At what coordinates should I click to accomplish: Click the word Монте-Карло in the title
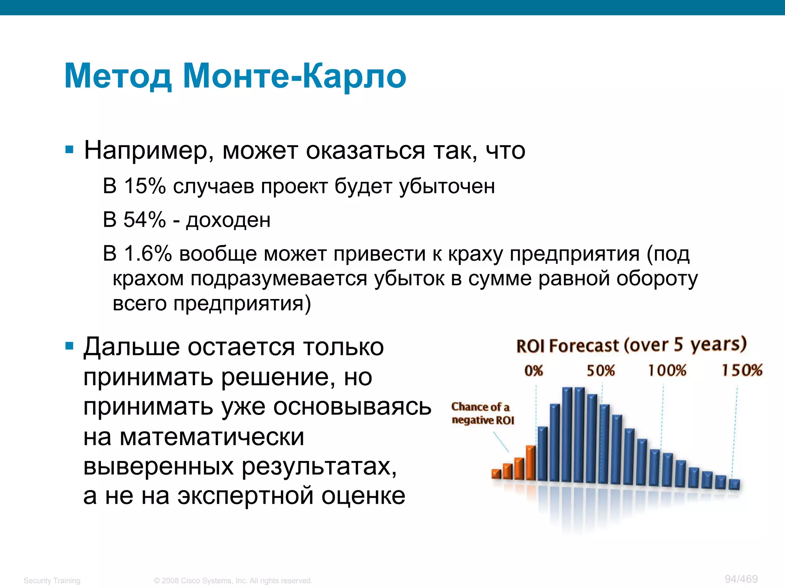(294, 76)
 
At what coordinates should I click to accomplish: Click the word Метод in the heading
(118, 76)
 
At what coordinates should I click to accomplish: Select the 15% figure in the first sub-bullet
(145, 186)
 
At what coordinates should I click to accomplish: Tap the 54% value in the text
(145, 220)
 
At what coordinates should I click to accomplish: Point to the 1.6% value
(148, 253)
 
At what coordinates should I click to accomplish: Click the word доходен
(228, 220)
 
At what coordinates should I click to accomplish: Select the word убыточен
(447, 186)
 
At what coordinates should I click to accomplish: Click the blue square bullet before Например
(69, 150)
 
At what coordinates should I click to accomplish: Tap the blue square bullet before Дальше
(69, 346)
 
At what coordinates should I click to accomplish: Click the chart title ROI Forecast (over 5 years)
(631, 345)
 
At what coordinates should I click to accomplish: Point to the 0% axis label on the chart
(534, 371)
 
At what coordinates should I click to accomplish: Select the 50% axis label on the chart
(601, 371)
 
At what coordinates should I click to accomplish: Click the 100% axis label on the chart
(667, 371)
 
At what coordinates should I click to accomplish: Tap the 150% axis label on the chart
(742, 370)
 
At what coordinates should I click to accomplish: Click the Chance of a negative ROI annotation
(482, 413)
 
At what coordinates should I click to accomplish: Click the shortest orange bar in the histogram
(496, 474)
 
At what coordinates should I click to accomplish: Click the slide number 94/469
(741, 579)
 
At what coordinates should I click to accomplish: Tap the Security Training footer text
(52, 580)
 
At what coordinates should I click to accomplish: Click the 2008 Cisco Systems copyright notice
(233, 580)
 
